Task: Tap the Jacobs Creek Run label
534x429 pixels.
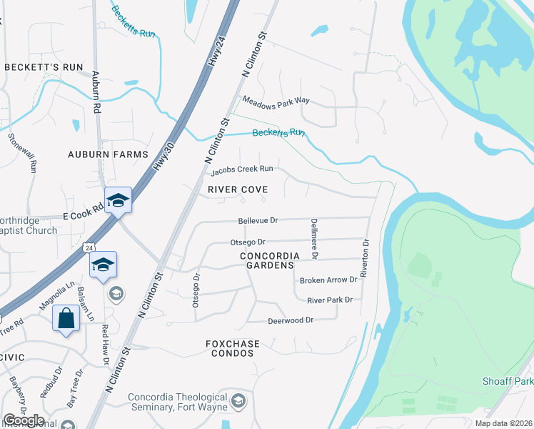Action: [242, 170]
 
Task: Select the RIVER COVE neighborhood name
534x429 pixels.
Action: [238, 189]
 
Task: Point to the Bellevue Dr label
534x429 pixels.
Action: [258, 222]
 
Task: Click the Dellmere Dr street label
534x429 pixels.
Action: [313, 239]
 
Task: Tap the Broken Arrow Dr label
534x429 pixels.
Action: [328, 280]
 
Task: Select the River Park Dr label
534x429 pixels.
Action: [330, 300]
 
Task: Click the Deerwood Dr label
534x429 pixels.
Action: [291, 320]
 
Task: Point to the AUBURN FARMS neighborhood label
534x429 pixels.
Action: [108, 154]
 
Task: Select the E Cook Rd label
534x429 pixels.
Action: [83, 216]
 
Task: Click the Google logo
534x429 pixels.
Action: [23, 420]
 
